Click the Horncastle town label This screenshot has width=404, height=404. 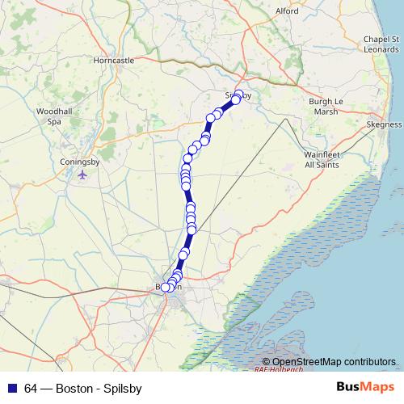(113, 61)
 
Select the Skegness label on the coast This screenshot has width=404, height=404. (384, 125)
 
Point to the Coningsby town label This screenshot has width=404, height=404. (80, 162)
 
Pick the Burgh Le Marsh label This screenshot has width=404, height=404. (326, 107)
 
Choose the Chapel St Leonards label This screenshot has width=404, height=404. (381, 44)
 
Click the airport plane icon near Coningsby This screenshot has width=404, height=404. (82, 175)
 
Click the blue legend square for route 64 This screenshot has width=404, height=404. (13, 388)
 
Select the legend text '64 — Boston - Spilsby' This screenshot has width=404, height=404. (83, 388)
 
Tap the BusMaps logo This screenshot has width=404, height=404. (364, 387)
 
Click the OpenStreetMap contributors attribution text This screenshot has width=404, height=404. (334, 362)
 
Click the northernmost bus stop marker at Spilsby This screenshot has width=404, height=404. (238, 94)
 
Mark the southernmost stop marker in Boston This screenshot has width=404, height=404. (166, 287)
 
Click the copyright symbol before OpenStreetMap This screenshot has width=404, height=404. (267, 362)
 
